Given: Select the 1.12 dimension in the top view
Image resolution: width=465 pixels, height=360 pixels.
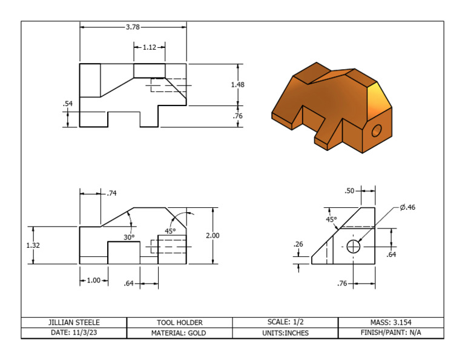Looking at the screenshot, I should tap(149, 47).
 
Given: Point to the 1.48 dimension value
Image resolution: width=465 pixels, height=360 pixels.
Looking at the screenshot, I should tap(238, 85).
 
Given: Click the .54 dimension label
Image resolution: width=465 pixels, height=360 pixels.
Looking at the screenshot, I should tap(68, 104).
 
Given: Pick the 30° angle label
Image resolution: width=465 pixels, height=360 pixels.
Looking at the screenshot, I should tap(129, 238).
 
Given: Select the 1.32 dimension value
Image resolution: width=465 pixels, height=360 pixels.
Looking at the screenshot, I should tap(33, 245).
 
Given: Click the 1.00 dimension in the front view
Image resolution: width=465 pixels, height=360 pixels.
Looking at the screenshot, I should tap(93, 281).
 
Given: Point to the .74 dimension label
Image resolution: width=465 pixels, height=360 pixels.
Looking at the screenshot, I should tap(111, 193).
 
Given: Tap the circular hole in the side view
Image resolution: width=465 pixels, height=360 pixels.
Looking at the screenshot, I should tap(354, 247).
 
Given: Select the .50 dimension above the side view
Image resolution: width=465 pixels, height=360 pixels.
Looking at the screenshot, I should tap(349, 191).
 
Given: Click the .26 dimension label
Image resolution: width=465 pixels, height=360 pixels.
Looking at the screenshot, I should tap(298, 244).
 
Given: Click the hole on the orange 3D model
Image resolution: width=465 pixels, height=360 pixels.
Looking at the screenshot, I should tap(377, 130).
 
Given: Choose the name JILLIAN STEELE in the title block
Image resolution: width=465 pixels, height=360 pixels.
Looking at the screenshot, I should tap(74, 322).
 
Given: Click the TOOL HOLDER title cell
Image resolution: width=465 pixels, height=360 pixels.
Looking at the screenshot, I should tap(180, 322).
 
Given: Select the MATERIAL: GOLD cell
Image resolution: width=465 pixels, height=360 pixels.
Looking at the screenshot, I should tap(180, 333).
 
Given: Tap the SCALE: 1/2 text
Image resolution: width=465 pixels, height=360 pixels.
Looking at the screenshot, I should tap(286, 322).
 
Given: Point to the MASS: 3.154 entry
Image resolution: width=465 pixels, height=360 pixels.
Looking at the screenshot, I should tap(391, 322).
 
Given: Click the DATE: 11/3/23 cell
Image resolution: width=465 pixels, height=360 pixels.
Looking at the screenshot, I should tap(74, 333).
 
